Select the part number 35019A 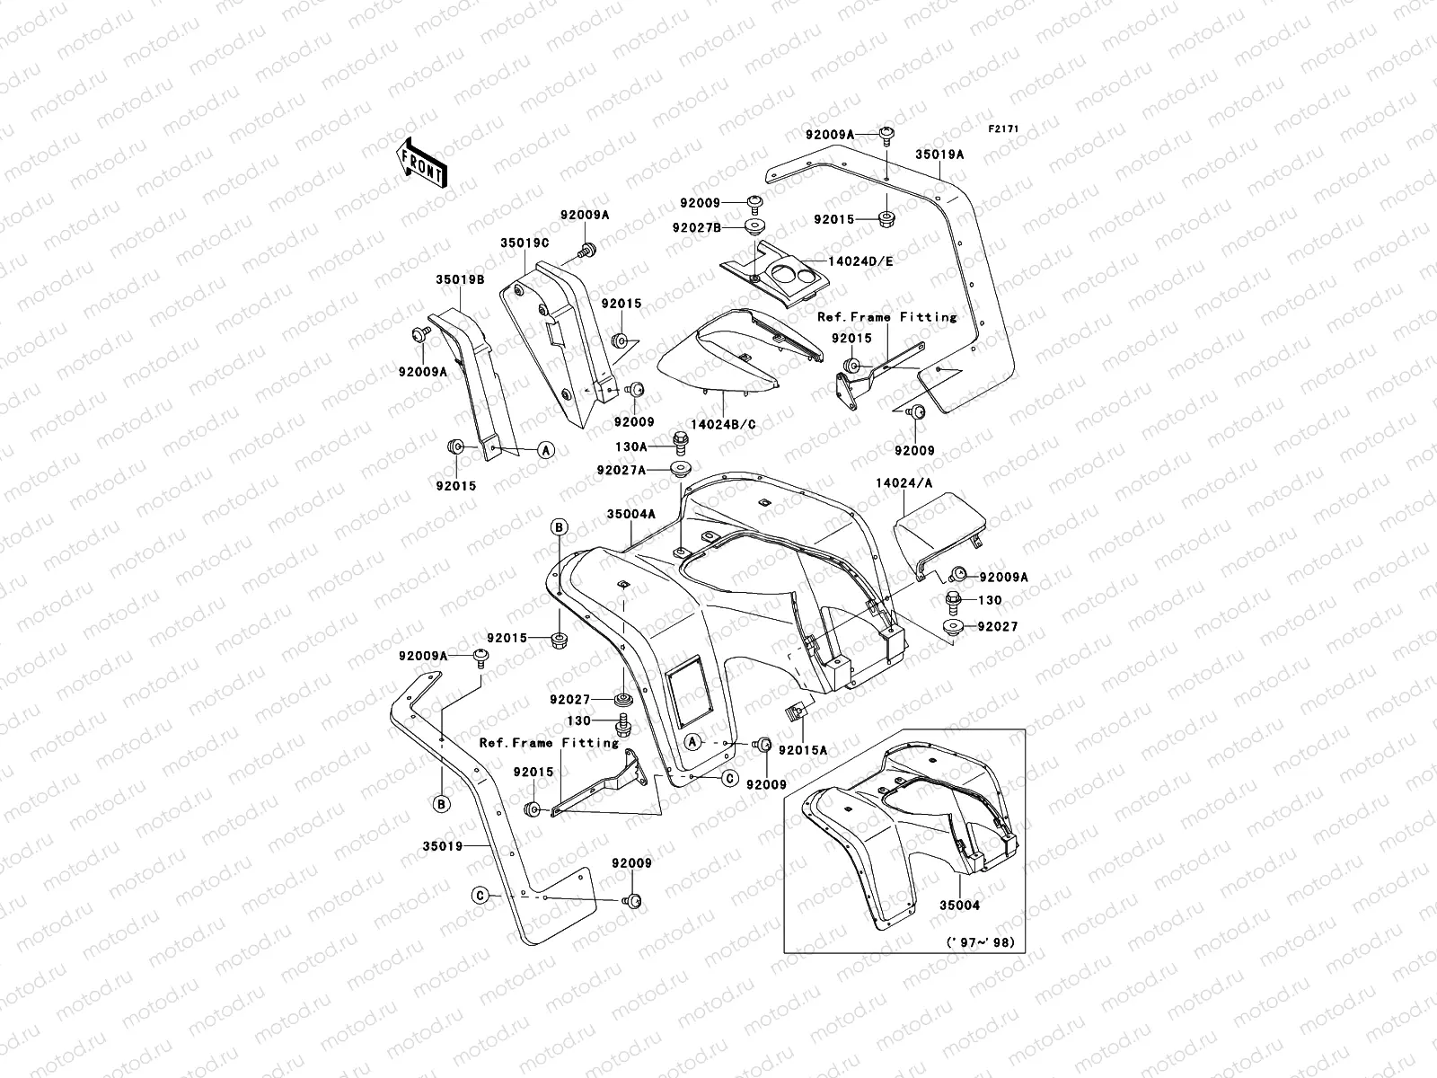(939, 155)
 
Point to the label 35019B (462, 279)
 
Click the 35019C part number (525, 243)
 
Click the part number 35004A (631, 514)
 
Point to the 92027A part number (646, 469)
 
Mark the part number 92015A (803, 748)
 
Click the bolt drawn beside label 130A (682, 441)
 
